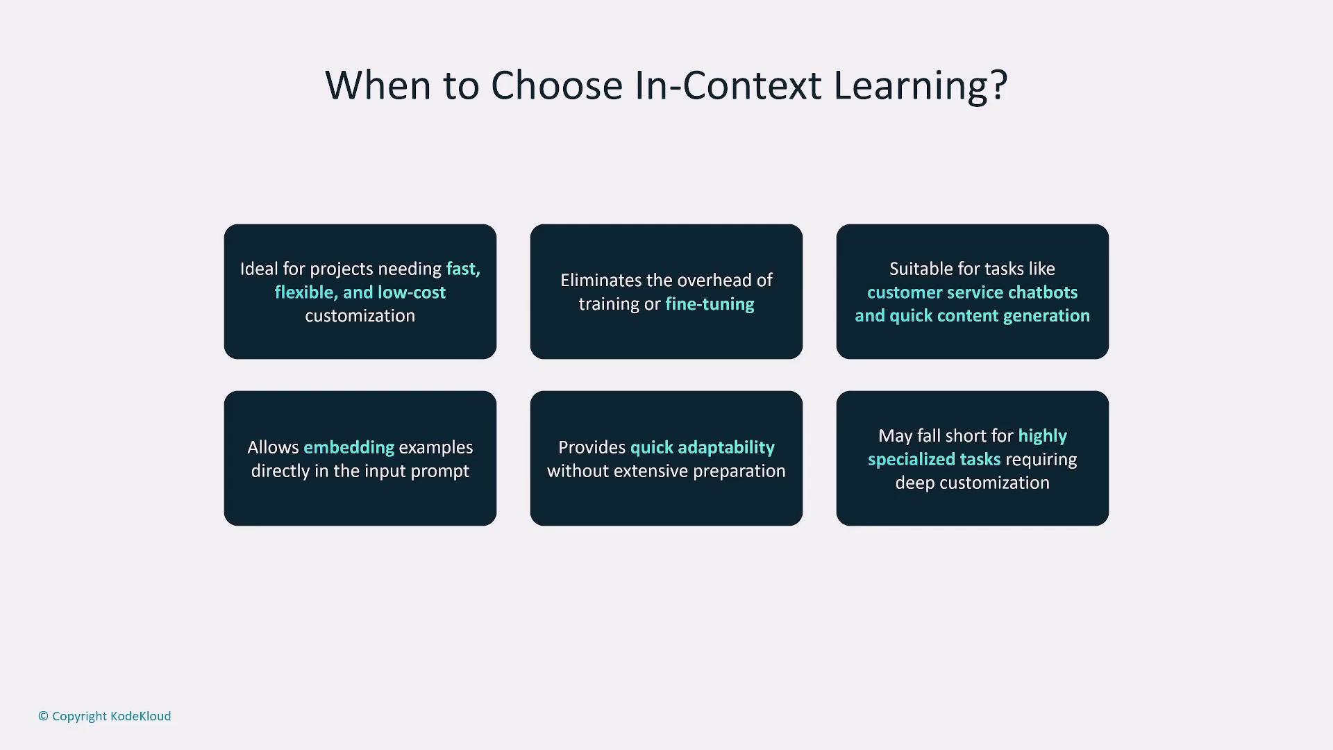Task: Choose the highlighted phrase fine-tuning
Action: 710,304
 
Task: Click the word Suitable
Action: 921,269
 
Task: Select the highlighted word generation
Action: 1046,316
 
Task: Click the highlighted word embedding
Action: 349,447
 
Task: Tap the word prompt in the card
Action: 440,472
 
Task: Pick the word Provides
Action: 592,447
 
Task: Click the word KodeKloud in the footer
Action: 141,716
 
